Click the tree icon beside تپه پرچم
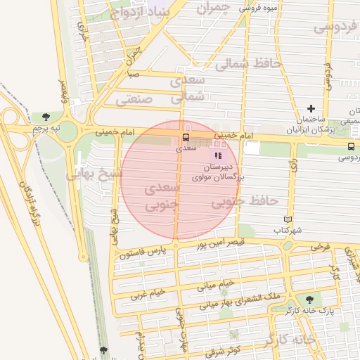click(x=46, y=116)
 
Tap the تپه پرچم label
click(x=46, y=129)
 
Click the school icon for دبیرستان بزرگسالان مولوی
click(x=218, y=155)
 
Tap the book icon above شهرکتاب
click(x=286, y=219)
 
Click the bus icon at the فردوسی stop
click(x=350, y=146)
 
